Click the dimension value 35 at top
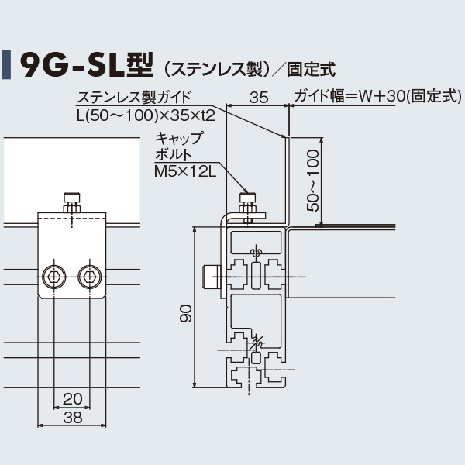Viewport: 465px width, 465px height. (x=260, y=98)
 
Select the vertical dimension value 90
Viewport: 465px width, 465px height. (x=184, y=313)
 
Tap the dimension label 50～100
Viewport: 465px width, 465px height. (x=312, y=181)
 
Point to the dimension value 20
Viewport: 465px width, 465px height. (x=72, y=399)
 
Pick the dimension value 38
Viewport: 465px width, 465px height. (x=72, y=418)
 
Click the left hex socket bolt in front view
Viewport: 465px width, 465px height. (x=55, y=276)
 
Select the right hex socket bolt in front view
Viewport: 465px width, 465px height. (x=89, y=276)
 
